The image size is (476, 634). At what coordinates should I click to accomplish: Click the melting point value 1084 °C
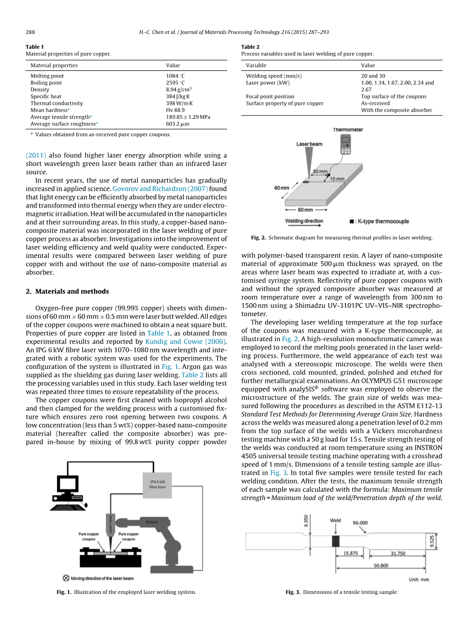click(x=175, y=76)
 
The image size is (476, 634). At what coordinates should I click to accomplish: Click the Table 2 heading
click(x=250, y=47)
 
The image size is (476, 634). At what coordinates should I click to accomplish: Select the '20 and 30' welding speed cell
click(x=373, y=76)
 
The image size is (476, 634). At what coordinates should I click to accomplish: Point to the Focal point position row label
click(x=270, y=96)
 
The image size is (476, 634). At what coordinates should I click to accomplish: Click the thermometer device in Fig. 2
click(x=345, y=144)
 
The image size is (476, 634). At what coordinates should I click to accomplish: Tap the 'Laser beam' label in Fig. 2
click(x=309, y=144)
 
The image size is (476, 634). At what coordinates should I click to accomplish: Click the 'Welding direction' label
click(x=304, y=221)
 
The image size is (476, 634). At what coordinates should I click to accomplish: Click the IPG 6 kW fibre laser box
click(x=157, y=483)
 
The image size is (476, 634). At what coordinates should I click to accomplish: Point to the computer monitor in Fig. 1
click(x=67, y=484)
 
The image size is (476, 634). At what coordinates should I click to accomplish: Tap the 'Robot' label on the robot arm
click(x=152, y=521)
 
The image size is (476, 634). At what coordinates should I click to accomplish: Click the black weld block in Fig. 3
click(x=336, y=541)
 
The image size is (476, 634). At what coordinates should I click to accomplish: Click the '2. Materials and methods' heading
click(x=67, y=291)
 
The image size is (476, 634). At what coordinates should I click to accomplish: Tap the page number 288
click(x=30, y=32)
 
